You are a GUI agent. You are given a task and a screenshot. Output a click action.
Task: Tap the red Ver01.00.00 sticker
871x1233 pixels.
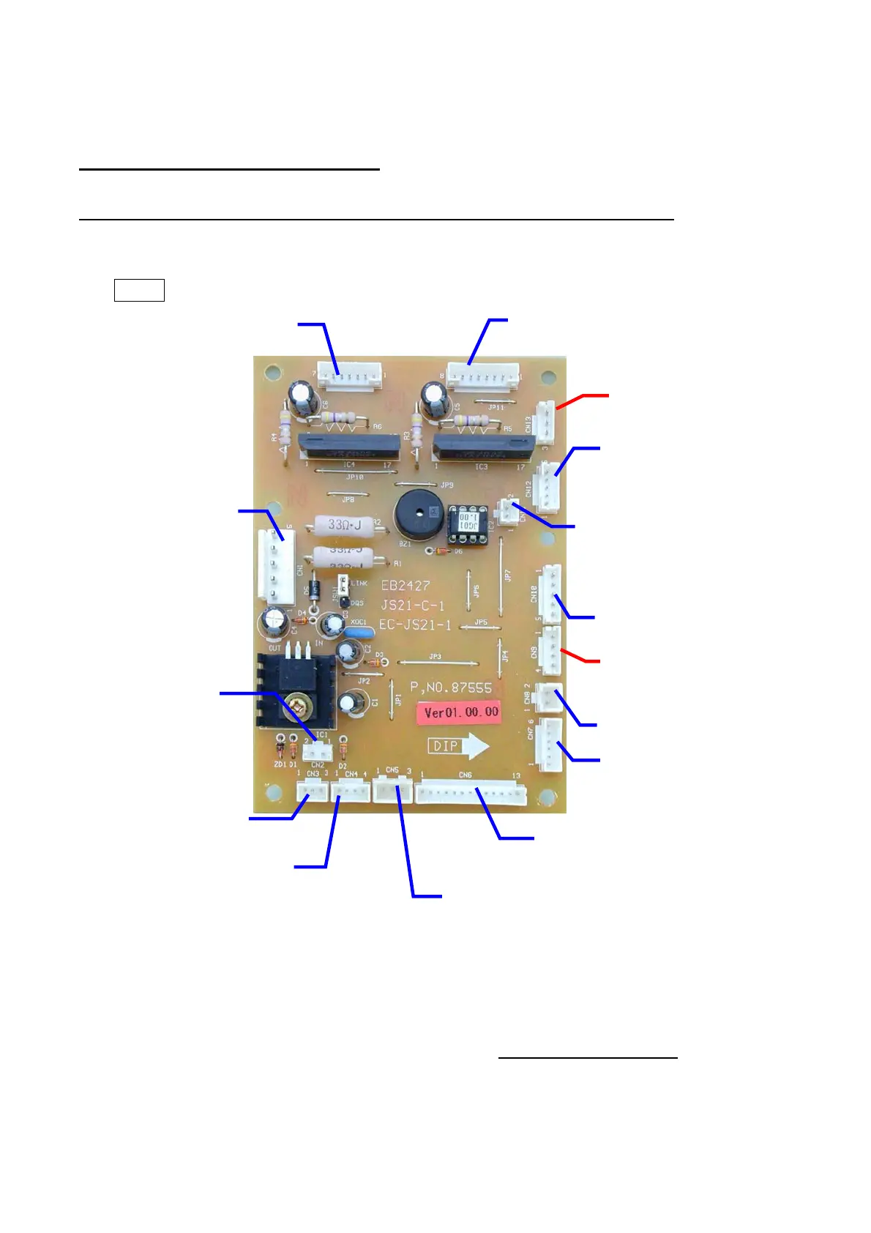461,712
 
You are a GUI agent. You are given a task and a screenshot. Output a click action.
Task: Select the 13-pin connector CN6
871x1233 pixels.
471,793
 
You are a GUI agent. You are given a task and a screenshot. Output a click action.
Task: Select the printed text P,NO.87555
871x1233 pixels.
451,688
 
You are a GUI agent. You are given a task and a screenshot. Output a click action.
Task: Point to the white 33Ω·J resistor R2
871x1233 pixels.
343,525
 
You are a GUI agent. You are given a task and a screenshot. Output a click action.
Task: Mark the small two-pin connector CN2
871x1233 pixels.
318,751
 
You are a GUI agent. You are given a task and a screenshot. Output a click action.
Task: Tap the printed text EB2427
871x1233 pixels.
405,586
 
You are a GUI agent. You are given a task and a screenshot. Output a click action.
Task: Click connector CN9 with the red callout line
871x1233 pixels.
550,650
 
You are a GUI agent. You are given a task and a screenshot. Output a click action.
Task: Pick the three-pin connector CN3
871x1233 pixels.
312,790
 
